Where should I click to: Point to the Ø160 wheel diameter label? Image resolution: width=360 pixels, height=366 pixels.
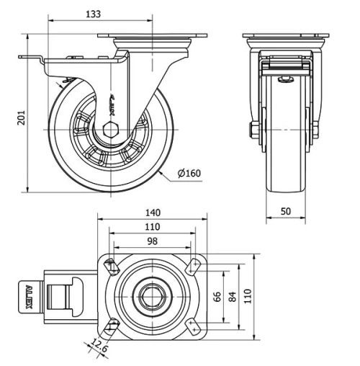point(189,173)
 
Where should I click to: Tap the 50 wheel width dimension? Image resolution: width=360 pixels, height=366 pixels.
point(286,211)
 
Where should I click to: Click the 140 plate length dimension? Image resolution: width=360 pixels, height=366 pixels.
point(152,213)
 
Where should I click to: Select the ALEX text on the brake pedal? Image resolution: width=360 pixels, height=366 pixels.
point(30,295)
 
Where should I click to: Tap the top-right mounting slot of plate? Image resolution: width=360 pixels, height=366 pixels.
point(192,267)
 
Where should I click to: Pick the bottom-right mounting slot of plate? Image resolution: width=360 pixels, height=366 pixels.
point(192,325)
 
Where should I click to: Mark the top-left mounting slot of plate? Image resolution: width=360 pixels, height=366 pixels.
point(110,267)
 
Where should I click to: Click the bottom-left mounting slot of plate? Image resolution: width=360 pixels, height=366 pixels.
point(110,325)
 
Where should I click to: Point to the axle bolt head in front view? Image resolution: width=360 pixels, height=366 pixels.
point(254,130)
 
